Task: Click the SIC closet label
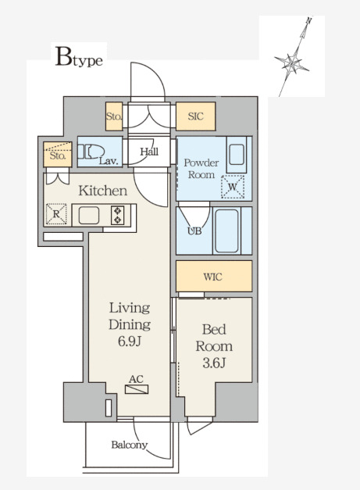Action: coord(195,116)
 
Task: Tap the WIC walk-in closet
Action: coord(214,276)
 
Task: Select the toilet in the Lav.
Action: coord(91,152)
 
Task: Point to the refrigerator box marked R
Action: coord(56,214)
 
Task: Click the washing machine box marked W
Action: coord(233,187)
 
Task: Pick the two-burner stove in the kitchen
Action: coord(117,215)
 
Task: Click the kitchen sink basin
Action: coord(89,216)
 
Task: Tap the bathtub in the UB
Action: coord(227,231)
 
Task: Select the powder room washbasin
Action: coord(237,155)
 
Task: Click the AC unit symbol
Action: coord(137,389)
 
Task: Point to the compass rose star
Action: coord(291,64)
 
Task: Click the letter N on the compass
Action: coord(308,21)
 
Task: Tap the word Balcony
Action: coord(130,445)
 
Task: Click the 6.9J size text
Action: coord(130,342)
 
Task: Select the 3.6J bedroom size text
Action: coord(214,363)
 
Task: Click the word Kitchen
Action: coord(103,191)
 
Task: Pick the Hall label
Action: coord(149,152)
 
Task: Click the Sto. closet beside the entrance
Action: coord(114,116)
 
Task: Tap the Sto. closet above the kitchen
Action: coord(58,155)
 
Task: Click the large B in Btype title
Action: coord(63,56)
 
